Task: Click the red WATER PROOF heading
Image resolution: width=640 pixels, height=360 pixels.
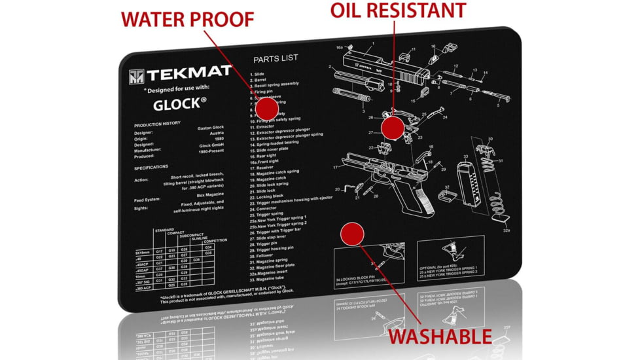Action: click(187, 19)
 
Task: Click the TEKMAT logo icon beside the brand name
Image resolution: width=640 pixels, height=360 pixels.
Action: click(137, 76)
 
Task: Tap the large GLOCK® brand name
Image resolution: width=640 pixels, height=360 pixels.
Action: click(180, 103)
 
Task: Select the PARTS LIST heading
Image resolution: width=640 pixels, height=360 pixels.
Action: click(276, 58)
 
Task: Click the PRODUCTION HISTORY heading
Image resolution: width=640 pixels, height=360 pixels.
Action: click(158, 125)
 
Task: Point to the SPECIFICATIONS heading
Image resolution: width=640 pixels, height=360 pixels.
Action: click(152, 167)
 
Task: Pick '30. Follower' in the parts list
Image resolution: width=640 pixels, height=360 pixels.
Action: click(265, 255)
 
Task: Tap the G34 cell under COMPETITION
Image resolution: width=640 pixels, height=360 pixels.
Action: click(208, 247)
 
